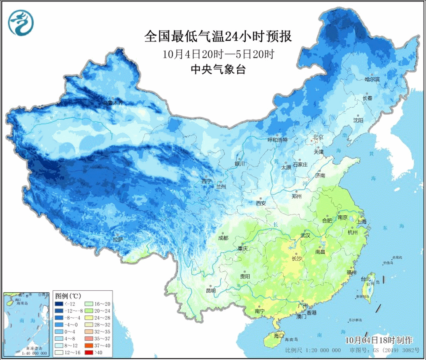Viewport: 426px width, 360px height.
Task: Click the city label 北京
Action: pos(318,138)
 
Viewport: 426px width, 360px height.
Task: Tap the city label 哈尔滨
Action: pos(372,79)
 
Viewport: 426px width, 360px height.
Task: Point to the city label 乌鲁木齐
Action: pos(113,103)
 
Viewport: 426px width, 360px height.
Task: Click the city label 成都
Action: pos(223,238)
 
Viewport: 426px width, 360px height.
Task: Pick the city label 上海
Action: pos(361,221)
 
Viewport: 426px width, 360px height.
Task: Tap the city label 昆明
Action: pos(211,290)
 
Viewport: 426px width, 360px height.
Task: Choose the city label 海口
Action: pos(279,335)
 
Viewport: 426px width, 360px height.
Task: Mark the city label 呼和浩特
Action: pos(278,140)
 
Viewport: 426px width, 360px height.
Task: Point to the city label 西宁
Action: pos(206,181)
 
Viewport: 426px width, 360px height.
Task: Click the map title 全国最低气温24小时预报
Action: pos(217,37)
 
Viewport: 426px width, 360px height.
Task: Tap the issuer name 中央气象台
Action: pos(218,69)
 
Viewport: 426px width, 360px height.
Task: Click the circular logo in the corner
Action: pos(21,22)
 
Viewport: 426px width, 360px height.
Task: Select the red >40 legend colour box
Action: pos(88,353)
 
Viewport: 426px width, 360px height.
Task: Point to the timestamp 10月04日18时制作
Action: pos(379,339)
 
